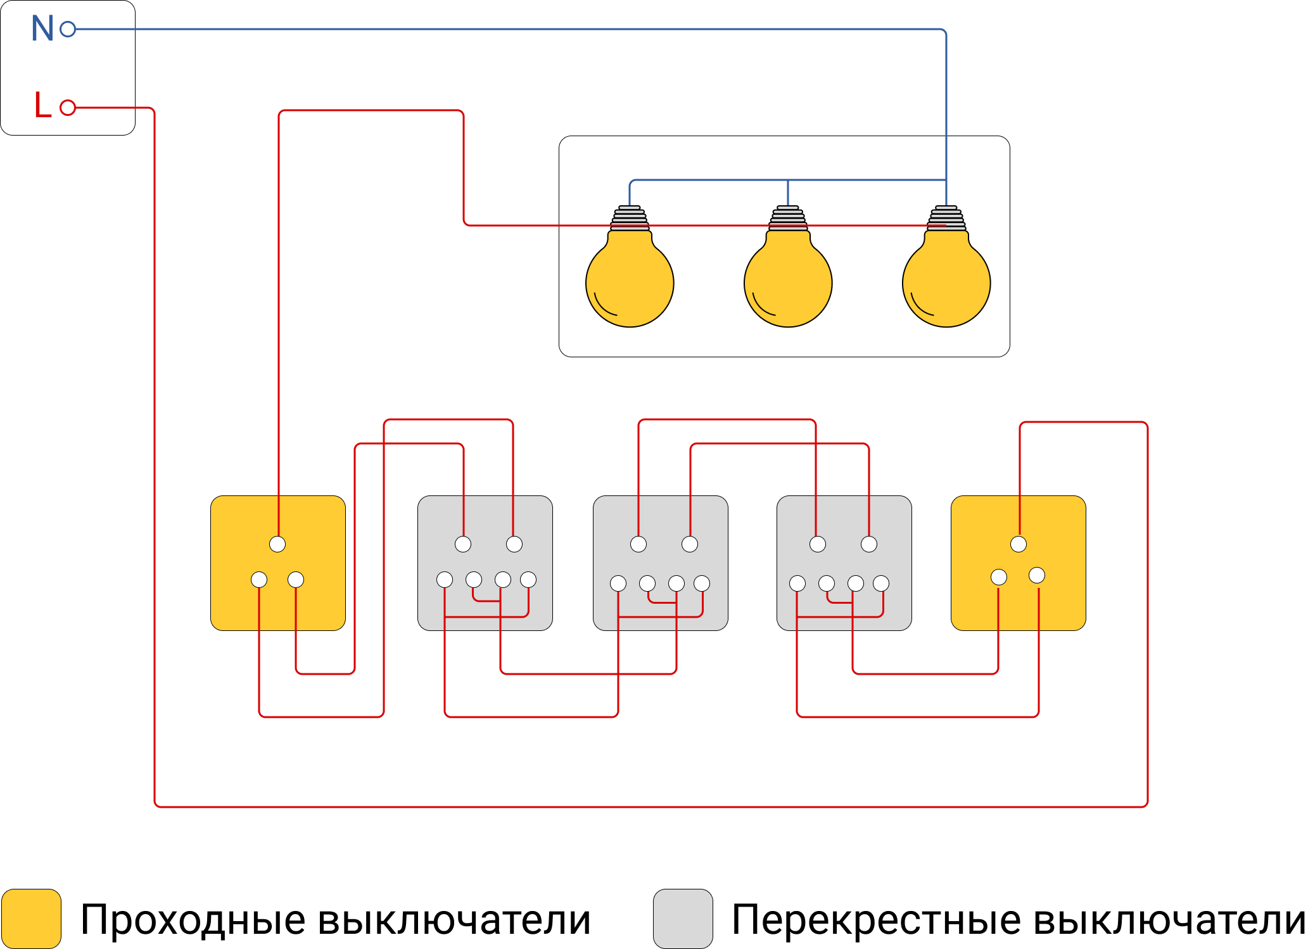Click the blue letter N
pyautogui.click(x=42, y=29)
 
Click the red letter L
pyautogui.click(x=42, y=105)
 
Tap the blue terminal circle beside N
pyautogui.click(x=68, y=29)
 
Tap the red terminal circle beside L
pyautogui.click(x=68, y=108)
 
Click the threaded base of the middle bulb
pyautogui.click(x=788, y=218)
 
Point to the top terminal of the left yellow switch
pyautogui.click(x=277, y=544)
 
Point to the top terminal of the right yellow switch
pyautogui.click(x=1019, y=544)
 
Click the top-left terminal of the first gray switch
pyautogui.click(x=463, y=544)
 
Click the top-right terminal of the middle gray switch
pyautogui.click(x=690, y=544)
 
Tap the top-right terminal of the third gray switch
pyautogui.click(x=869, y=544)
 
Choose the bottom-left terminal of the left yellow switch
pyautogui.click(x=259, y=580)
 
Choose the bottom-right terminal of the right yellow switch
pyautogui.click(x=1037, y=575)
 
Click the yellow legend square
pyautogui.click(x=31, y=919)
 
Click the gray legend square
pyautogui.click(x=683, y=919)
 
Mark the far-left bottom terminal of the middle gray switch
pyautogui.click(x=618, y=583)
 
